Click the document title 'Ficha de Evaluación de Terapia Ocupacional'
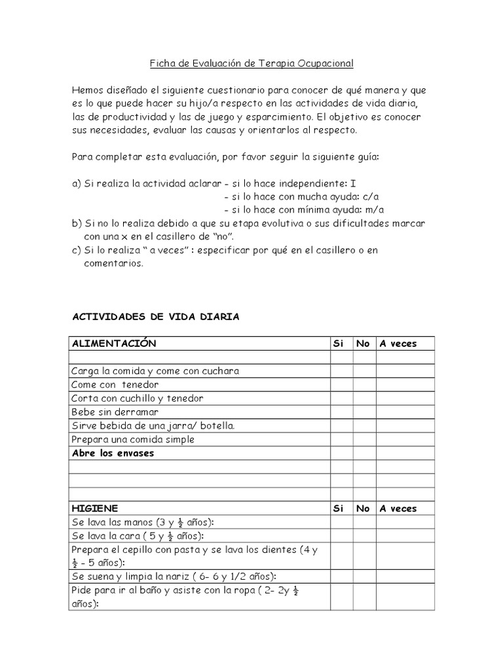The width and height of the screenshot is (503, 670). point(252,63)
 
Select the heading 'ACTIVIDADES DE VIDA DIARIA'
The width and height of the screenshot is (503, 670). point(155,317)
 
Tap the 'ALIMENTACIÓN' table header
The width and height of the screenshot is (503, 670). point(114,344)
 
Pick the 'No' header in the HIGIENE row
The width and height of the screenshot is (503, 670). point(363,508)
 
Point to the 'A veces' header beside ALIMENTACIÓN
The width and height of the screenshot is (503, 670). point(398,344)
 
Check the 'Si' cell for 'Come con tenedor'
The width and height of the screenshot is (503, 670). point(341,385)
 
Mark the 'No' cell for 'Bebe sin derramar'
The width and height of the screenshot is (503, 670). point(363,412)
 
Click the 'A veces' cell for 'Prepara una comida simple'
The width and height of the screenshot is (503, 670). point(405,440)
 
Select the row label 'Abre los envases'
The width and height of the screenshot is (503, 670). point(113,453)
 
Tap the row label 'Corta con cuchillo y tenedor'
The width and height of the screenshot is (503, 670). point(138,398)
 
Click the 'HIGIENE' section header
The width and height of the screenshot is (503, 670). point(95,508)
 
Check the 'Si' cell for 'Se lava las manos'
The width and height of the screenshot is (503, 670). point(341,522)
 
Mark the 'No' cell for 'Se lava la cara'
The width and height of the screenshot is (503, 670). point(363,536)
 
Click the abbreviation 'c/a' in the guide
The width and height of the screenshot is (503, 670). point(371,196)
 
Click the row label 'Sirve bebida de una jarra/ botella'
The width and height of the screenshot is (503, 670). point(153,426)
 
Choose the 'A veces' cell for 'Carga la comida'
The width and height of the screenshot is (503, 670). point(405,371)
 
